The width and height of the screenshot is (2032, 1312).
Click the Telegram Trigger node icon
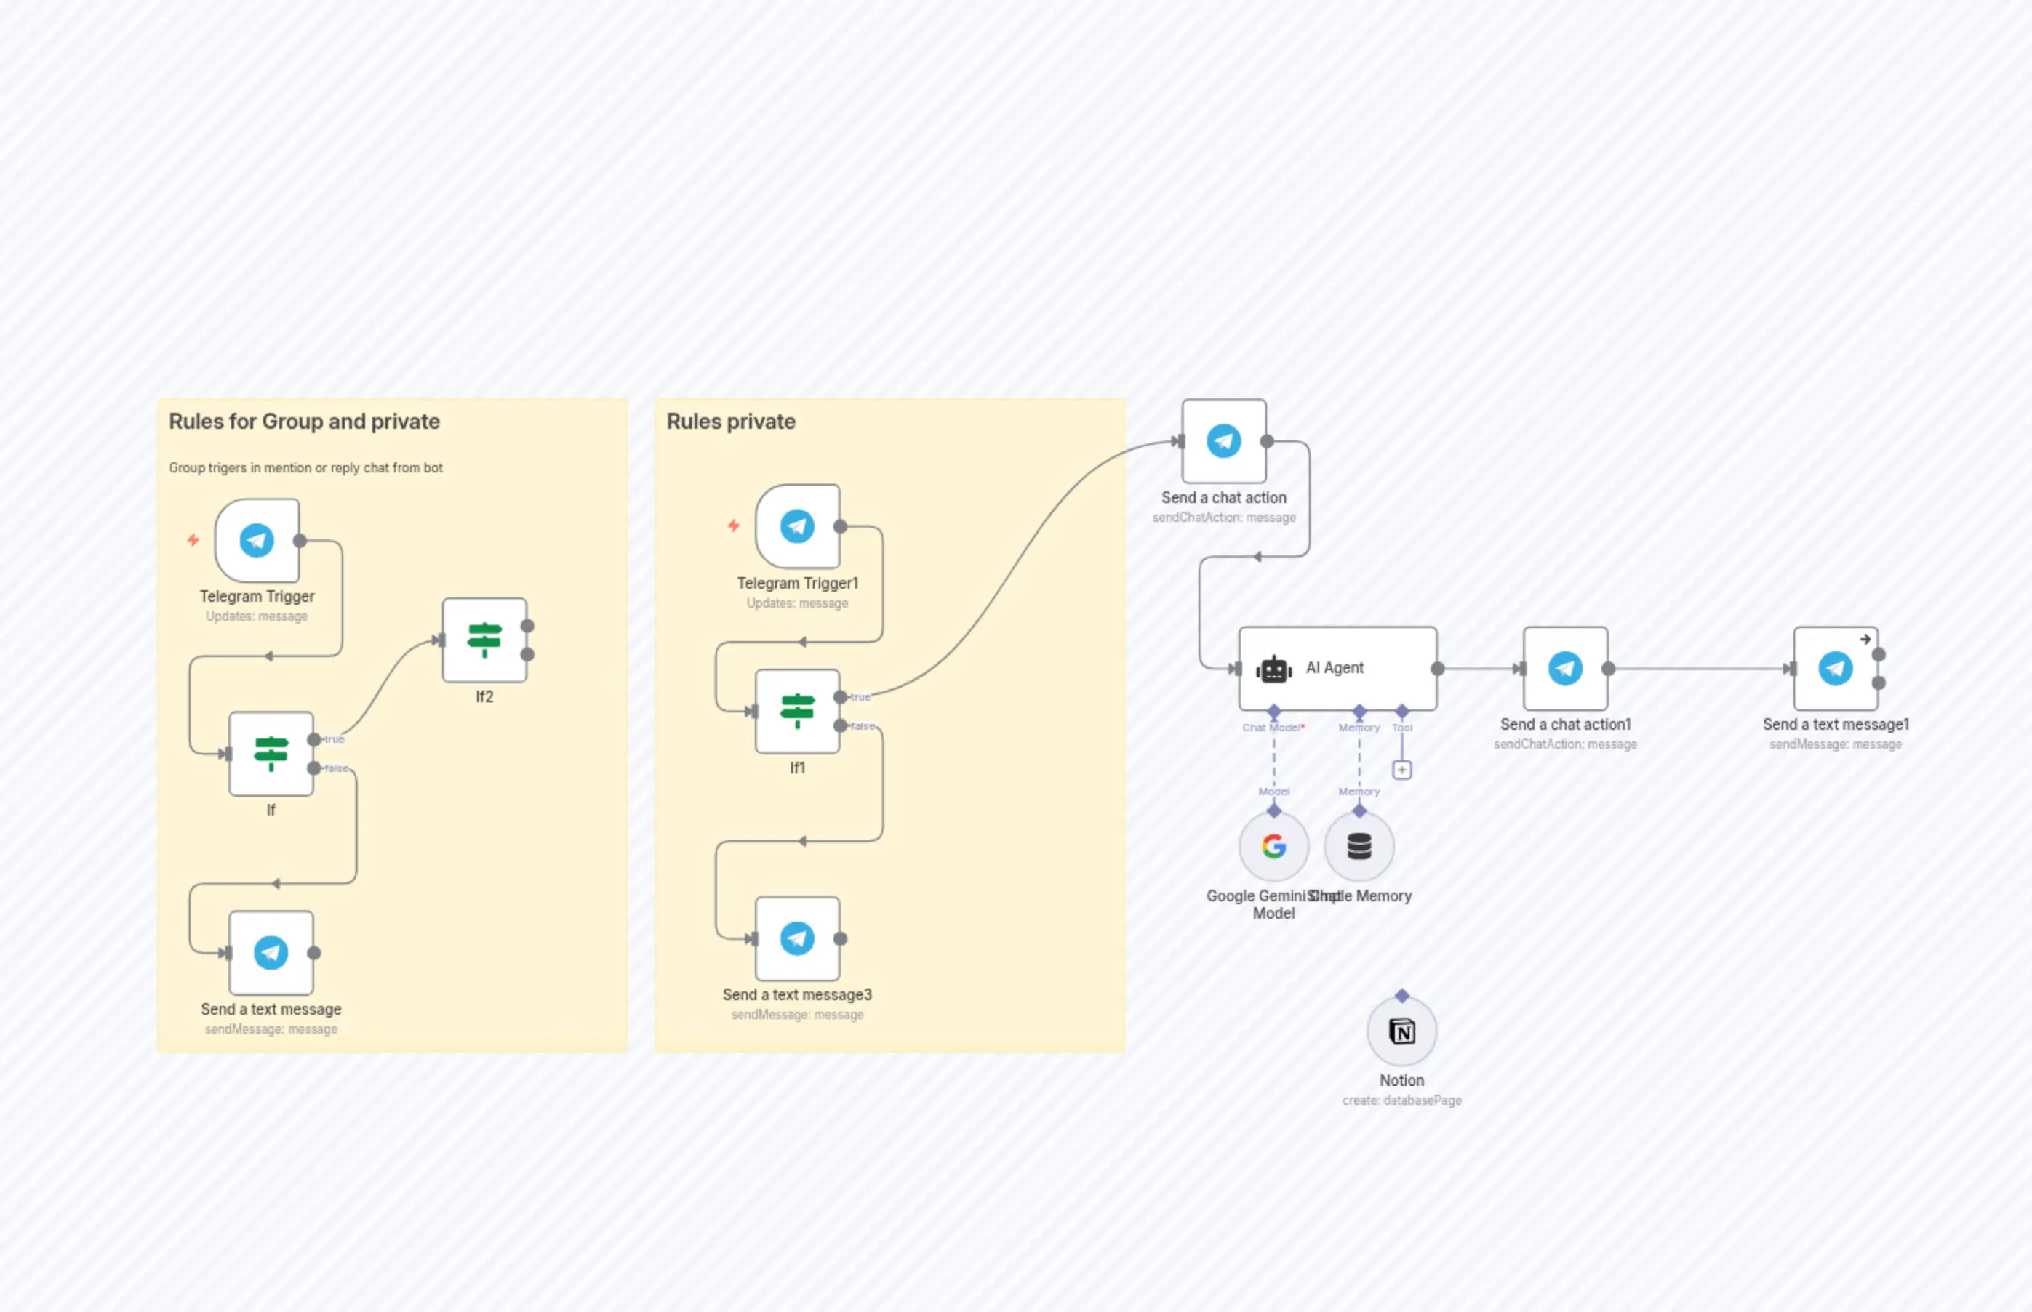click(x=257, y=540)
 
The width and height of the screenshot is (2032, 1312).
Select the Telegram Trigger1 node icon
click(x=797, y=526)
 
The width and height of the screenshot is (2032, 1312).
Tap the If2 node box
click(x=484, y=640)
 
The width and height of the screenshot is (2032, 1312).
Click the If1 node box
click(x=797, y=711)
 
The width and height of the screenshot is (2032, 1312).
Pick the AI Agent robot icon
click(x=1273, y=669)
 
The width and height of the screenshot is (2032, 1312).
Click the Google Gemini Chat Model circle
click(x=1273, y=846)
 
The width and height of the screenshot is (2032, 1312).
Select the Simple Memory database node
click(x=1359, y=846)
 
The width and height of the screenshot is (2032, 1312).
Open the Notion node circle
click(x=1401, y=1031)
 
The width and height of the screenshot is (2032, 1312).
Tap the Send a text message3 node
click(x=797, y=938)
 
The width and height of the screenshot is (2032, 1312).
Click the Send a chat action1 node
click(x=1565, y=669)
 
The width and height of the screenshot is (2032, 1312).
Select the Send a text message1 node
click(x=1835, y=669)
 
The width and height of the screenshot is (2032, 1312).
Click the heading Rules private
click(x=730, y=421)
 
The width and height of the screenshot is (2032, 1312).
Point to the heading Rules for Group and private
click(x=304, y=421)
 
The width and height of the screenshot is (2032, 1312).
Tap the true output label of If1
click(x=860, y=697)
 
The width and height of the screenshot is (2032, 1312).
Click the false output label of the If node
click(x=337, y=768)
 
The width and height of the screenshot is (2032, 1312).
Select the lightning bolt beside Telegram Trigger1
click(x=733, y=526)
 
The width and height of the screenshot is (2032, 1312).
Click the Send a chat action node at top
click(x=1223, y=441)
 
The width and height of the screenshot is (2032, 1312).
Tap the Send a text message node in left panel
click(x=271, y=952)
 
